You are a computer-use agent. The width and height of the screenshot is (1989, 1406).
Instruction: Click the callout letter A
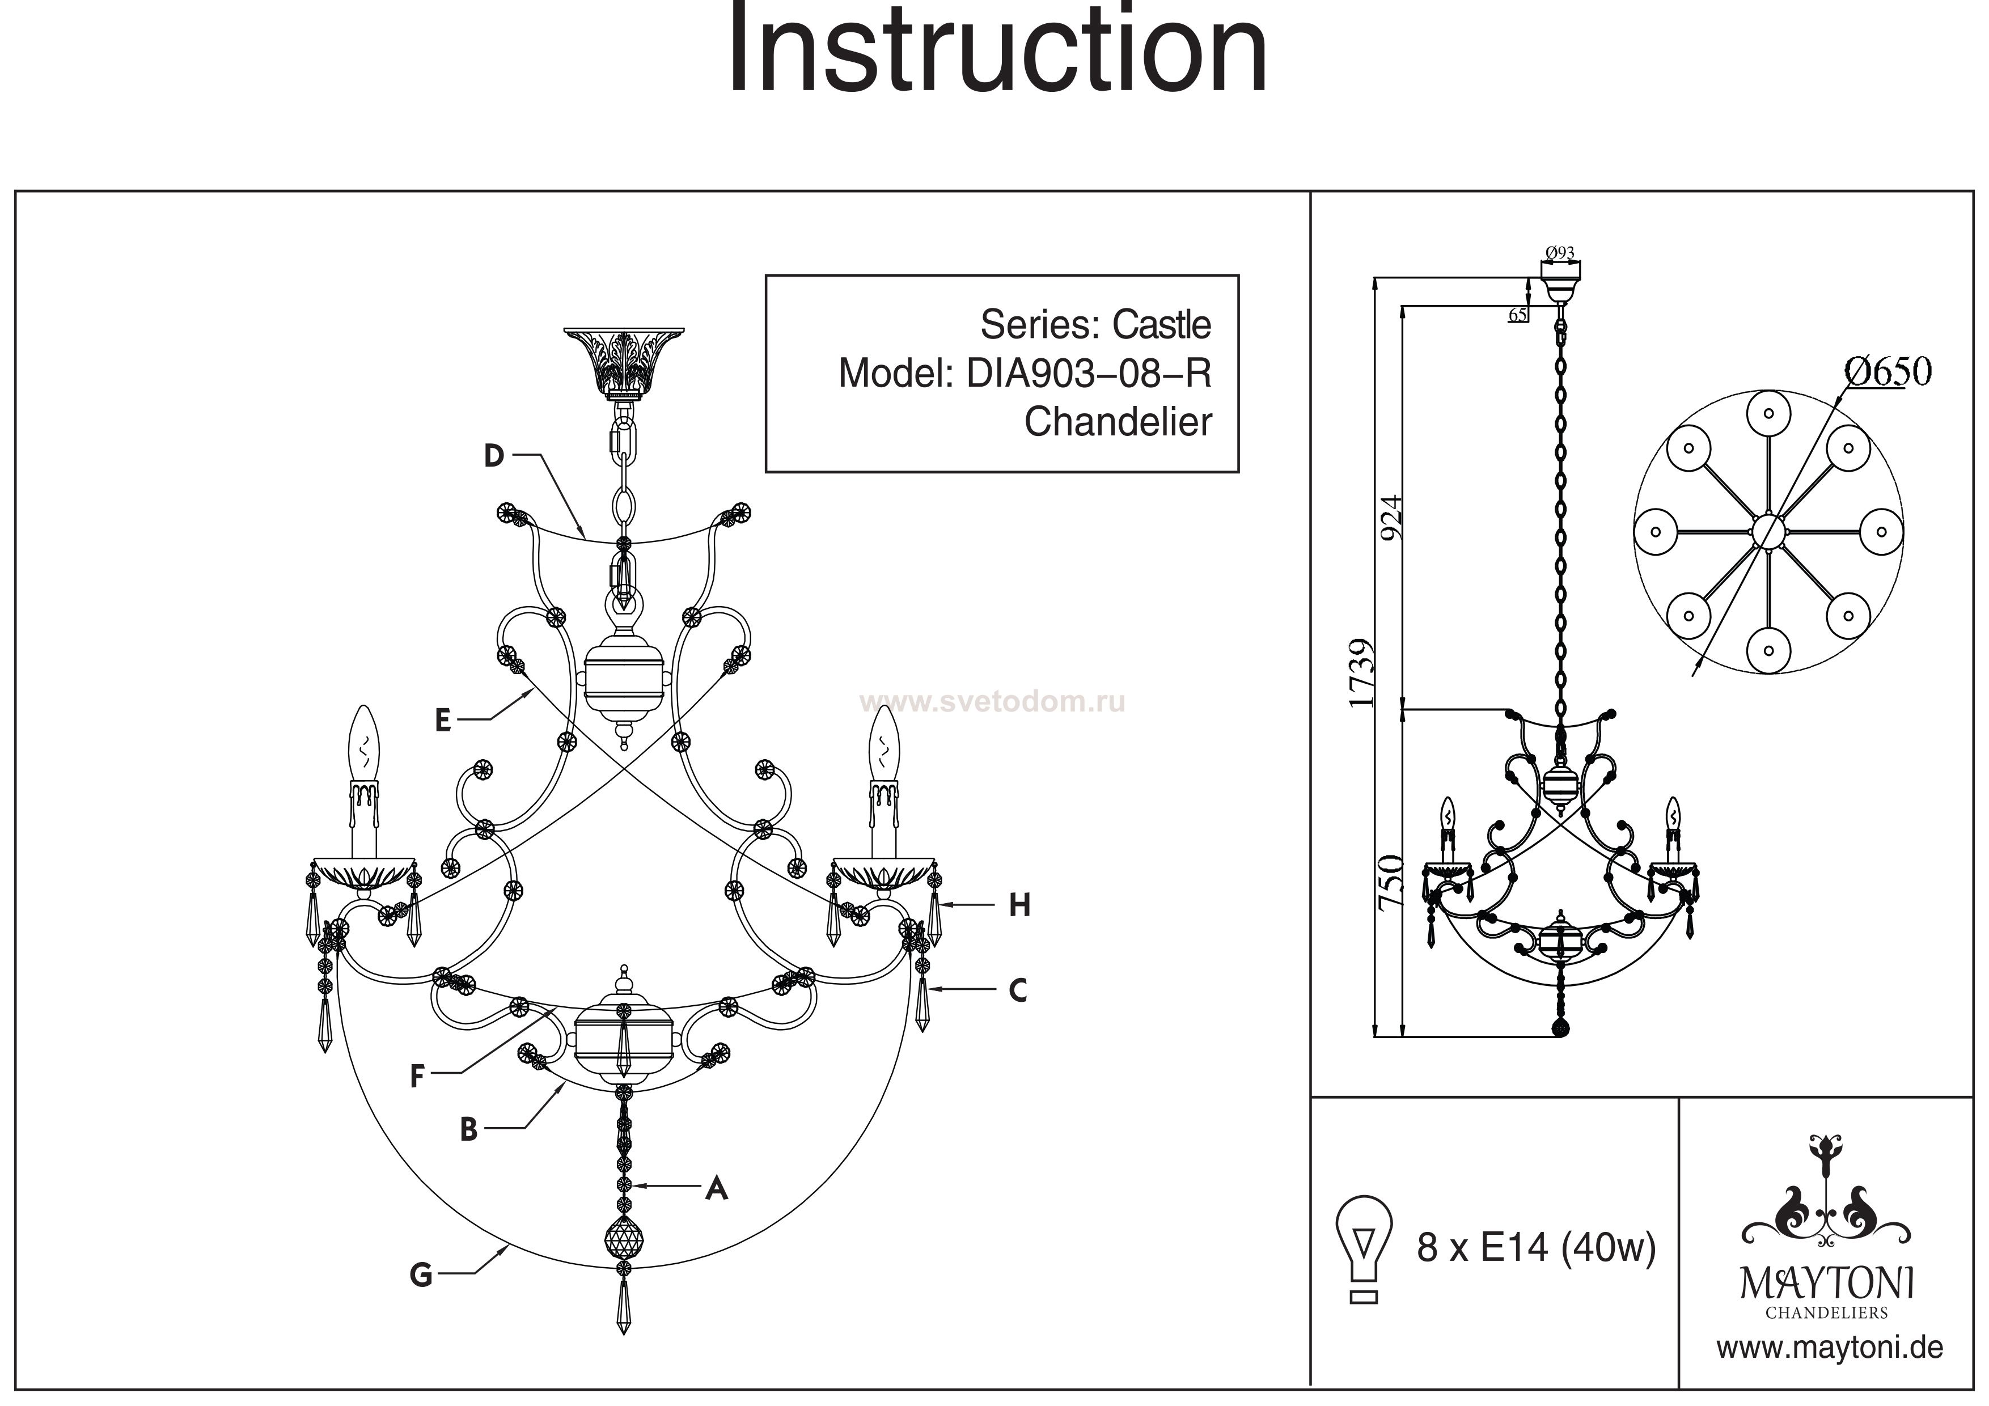click(717, 1188)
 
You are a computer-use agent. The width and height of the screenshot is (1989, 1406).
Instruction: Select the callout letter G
click(421, 1275)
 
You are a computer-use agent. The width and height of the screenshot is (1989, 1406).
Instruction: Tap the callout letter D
click(494, 456)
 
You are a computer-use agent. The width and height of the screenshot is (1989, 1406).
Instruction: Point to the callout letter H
click(1019, 906)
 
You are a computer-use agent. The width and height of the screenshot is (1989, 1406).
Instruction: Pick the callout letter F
click(417, 1076)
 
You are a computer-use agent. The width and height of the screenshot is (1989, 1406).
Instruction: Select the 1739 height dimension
click(1362, 674)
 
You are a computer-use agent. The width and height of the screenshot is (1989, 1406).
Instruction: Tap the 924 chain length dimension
click(1390, 518)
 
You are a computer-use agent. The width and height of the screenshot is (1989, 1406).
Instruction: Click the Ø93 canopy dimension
click(1559, 253)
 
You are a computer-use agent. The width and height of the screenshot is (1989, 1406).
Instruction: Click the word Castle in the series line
click(1162, 325)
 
